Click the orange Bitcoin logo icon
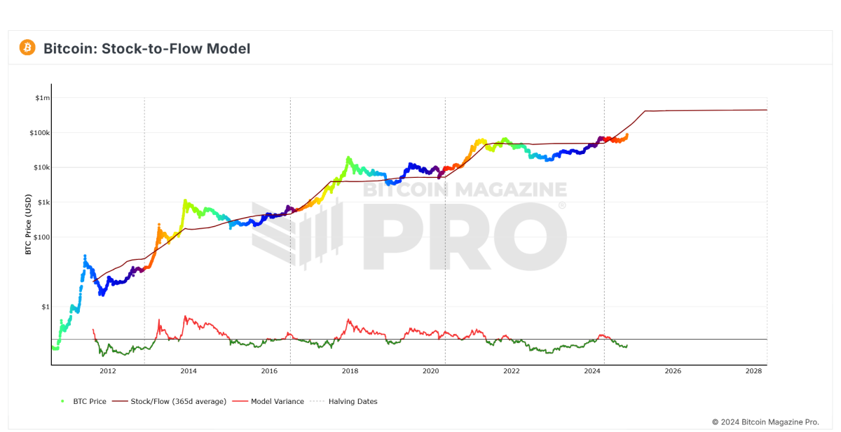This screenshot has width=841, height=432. point(27,48)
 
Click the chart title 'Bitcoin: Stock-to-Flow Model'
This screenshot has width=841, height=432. point(146,48)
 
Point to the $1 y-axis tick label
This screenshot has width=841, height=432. point(46,307)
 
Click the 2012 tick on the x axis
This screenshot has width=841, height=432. point(107,371)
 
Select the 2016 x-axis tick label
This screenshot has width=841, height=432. point(269,371)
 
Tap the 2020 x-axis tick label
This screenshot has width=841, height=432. point(430,371)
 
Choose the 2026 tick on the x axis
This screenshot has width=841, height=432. point(673,371)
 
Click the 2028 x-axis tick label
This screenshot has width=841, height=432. point(753,371)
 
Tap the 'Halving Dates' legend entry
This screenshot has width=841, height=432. point(353,401)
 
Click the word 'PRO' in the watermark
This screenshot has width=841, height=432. point(463,237)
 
